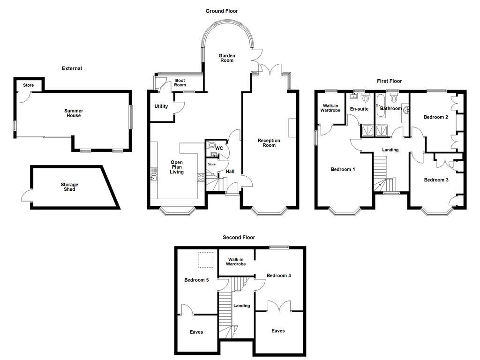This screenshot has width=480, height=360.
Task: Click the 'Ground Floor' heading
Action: tap(222, 11)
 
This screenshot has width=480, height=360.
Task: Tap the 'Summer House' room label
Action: tap(73, 113)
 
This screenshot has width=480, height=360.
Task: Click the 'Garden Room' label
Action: tap(227, 58)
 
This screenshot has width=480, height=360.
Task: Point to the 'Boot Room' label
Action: tap(180, 82)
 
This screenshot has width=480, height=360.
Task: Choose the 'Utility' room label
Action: tap(161, 106)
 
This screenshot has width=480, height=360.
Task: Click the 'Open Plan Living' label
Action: tap(177, 167)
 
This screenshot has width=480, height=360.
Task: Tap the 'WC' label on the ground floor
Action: tap(218, 149)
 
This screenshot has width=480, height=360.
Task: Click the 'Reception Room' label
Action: tap(269, 143)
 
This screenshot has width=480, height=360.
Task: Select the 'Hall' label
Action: tap(230, 172)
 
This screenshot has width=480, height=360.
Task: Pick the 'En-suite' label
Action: tap(360, 109)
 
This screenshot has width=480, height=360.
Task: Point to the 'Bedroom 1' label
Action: tap(343, 169)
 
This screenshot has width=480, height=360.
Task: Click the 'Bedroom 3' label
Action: tap(436, 180)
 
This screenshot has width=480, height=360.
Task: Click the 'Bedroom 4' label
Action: tap(278, 276)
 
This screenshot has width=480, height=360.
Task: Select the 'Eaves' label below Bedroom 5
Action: tap(196, 332)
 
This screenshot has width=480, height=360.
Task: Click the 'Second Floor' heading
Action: tap(239, 238)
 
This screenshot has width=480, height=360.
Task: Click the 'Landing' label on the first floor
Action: tap(390, 150)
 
